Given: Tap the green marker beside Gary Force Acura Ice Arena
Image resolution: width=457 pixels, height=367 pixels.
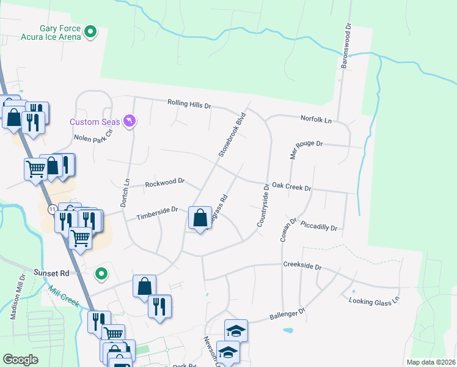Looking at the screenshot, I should [91, 31].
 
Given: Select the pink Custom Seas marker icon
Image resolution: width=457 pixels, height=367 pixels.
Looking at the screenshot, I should [128, 122].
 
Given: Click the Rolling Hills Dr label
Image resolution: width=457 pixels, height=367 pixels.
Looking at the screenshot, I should [189, 105].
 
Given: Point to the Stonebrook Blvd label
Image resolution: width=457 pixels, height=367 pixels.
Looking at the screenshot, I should [232, 135].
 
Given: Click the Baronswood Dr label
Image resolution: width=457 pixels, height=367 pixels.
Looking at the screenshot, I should [345, 46].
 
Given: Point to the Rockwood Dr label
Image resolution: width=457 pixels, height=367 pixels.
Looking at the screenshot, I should [165, 182].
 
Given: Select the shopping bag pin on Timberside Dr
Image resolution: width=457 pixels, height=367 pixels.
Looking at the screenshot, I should [200, 218].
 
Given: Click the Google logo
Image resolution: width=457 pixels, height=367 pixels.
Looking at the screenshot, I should [20, 359].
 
